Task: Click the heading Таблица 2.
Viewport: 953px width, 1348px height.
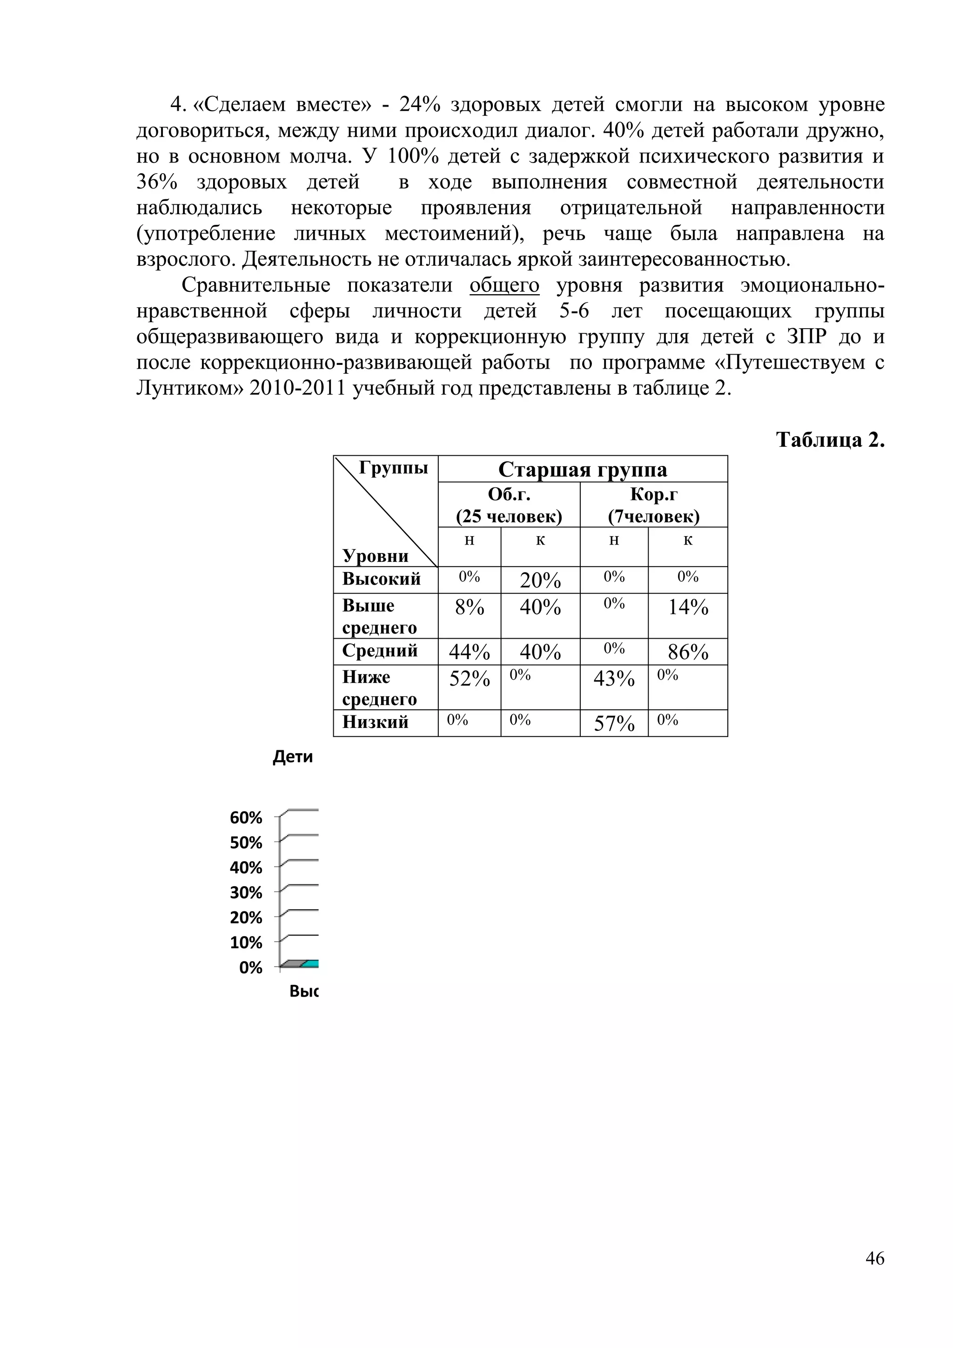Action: (830, 440)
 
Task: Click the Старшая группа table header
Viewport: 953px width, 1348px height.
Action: (582, 470)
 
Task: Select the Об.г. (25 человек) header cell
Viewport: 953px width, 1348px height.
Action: (509, 505)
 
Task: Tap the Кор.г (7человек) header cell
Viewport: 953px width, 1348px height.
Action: (654, 505)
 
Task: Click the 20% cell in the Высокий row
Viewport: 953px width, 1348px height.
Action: (540, 580)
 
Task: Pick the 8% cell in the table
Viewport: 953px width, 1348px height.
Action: (470, 607)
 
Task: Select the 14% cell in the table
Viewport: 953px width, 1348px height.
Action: (688, 607)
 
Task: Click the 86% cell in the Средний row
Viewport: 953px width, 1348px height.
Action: (688, 652)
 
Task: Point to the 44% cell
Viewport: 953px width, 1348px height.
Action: (470, 652)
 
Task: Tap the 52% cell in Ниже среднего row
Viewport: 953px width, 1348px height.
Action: (470, 679)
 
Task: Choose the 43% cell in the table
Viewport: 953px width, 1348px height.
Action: (614, 679)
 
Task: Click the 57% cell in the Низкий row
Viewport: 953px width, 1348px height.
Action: (614, 724)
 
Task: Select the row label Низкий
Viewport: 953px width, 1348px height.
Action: (375, 722)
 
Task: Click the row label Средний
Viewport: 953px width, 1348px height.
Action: (380, 651)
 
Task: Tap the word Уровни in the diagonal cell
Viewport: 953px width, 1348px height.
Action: (376, 555)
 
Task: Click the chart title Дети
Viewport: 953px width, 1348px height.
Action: (293, 757)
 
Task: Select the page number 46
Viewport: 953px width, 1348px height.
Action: (874, 1258)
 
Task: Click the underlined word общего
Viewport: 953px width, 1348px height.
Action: (504, 285)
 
